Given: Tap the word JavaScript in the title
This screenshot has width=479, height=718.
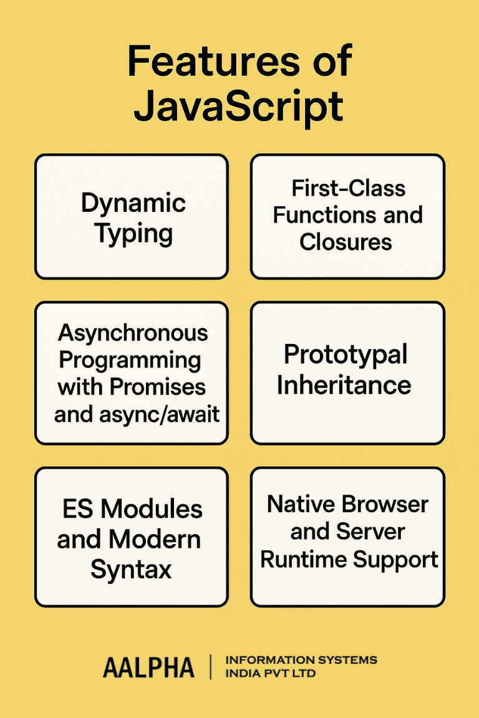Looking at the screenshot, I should pos(239,107).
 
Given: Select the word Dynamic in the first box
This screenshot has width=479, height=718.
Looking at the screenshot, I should pos(133,204).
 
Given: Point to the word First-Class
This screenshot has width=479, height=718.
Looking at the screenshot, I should pos(348,188).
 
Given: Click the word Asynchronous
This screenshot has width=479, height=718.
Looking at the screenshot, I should pos(133,332).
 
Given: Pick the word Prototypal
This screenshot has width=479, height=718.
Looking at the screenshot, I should pos(346,355).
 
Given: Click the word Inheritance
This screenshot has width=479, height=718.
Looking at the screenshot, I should pos(344,385).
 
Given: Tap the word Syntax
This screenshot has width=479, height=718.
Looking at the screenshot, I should pos(132,569).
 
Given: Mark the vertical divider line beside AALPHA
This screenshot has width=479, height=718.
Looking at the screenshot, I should pos(210,668).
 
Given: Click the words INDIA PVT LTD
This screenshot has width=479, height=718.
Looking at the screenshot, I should pos(269,674).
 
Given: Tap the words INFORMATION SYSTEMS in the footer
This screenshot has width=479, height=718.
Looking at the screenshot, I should pos(301,660).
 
